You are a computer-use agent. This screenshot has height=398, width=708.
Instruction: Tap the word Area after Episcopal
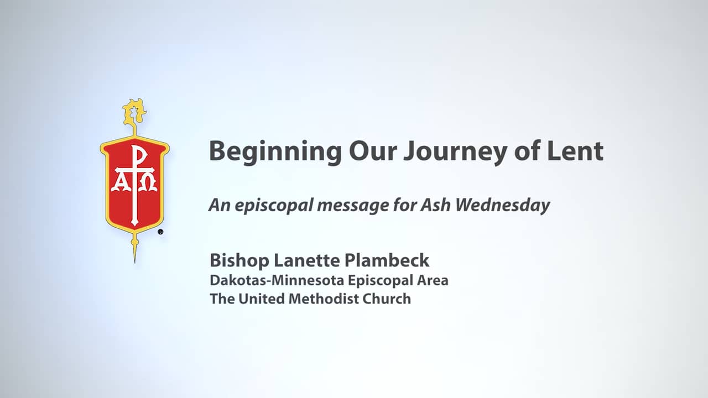[x=433, y=280]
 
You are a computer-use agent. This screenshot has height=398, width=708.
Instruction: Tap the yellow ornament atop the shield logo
[x=134, y=111]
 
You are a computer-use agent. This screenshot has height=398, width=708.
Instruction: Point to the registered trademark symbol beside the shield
[x=160, y=232]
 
